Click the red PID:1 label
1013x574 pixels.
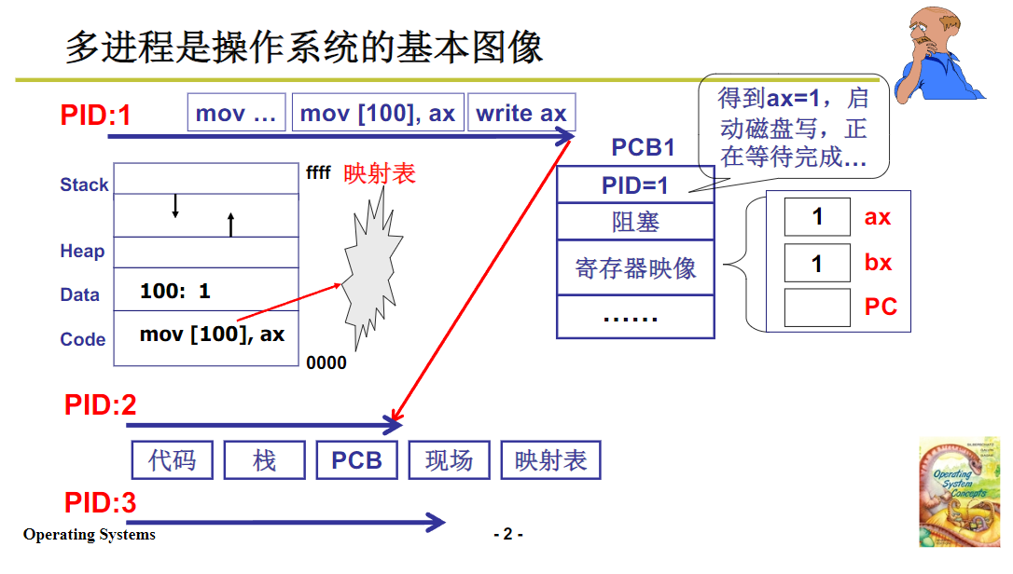96,115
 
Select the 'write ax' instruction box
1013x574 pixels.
521,114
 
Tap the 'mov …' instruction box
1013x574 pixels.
237,114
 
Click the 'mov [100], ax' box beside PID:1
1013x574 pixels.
378,114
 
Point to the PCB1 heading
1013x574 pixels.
643,147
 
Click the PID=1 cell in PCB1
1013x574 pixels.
635,184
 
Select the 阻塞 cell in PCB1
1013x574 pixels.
635,222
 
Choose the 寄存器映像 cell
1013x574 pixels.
635,268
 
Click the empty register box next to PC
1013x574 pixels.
817,307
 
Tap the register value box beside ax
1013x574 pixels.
817,217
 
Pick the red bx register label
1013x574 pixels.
878,263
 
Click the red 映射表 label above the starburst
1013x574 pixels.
380,174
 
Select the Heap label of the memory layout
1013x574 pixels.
82,252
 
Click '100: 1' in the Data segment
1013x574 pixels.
175,291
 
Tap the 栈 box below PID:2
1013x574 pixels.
265,460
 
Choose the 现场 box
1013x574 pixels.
449,460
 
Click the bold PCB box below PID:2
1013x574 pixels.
356,460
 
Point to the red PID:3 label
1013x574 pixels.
101,503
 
